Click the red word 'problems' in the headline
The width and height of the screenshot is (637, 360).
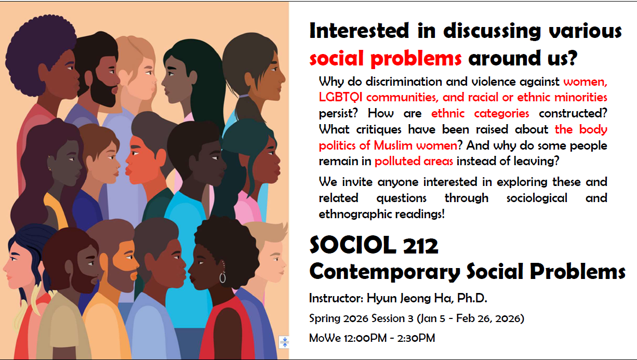416,59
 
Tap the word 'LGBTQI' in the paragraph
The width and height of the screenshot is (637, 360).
340,97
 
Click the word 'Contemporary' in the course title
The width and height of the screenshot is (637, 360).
384,272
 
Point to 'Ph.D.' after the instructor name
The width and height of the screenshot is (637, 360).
472,298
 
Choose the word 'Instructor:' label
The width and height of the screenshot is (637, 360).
336,298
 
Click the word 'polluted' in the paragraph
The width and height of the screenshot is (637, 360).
397,161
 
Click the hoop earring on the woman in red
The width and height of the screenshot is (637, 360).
223,277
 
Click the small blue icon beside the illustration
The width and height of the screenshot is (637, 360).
284,342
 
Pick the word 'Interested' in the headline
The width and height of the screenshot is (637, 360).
359,31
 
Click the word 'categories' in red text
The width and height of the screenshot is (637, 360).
501,114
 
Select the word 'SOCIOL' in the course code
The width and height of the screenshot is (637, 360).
353,245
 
